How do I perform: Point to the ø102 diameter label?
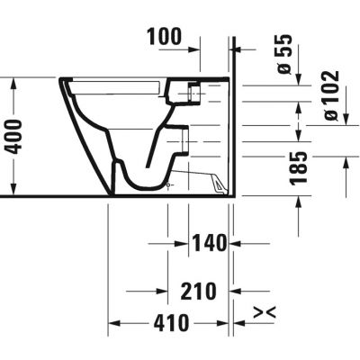pos(328,95)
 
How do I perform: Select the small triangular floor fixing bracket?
pos(219,183)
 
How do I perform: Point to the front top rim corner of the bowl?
pos(64,82)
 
